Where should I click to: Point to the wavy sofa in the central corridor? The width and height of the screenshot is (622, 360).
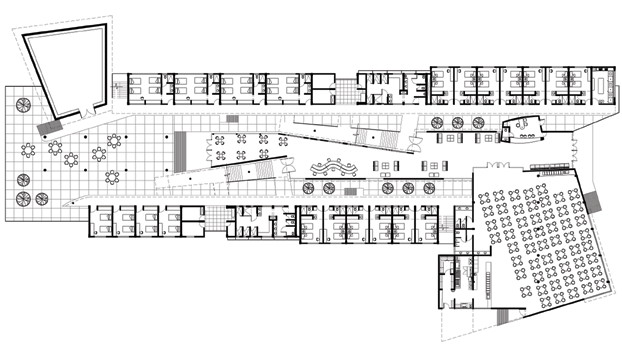click(335, 166)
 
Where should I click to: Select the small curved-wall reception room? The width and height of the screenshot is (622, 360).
click(522, 127)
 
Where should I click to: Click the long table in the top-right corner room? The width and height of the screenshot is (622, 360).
click(603, 84)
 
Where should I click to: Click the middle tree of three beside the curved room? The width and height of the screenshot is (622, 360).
click(457, 122)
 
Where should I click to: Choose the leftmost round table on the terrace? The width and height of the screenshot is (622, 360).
click(28, 151)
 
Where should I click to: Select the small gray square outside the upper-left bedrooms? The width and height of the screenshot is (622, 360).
click(232, 119)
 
